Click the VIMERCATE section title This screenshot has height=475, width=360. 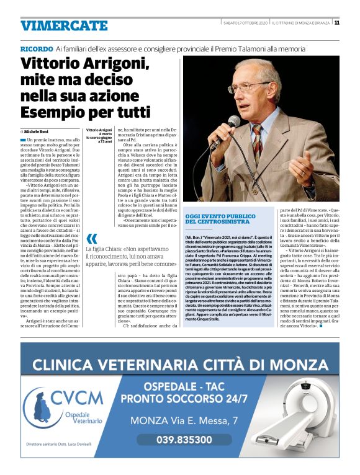click(64, 25)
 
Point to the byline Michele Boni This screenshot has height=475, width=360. click(39, 132)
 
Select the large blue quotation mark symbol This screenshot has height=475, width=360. click(92, 239)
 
